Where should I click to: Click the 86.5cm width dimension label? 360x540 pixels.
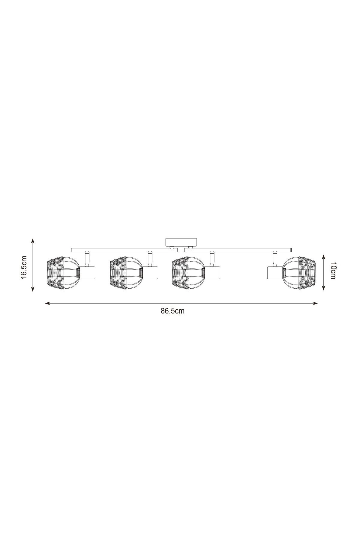pos(172,311)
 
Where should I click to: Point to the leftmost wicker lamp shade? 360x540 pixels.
pos(62,273)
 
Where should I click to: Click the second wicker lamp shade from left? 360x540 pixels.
pos(125,273)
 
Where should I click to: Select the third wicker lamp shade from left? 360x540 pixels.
pos(188,273)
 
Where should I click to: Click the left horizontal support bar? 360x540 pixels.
pos(124,250)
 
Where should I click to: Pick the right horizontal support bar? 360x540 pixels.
pos(238,250)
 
